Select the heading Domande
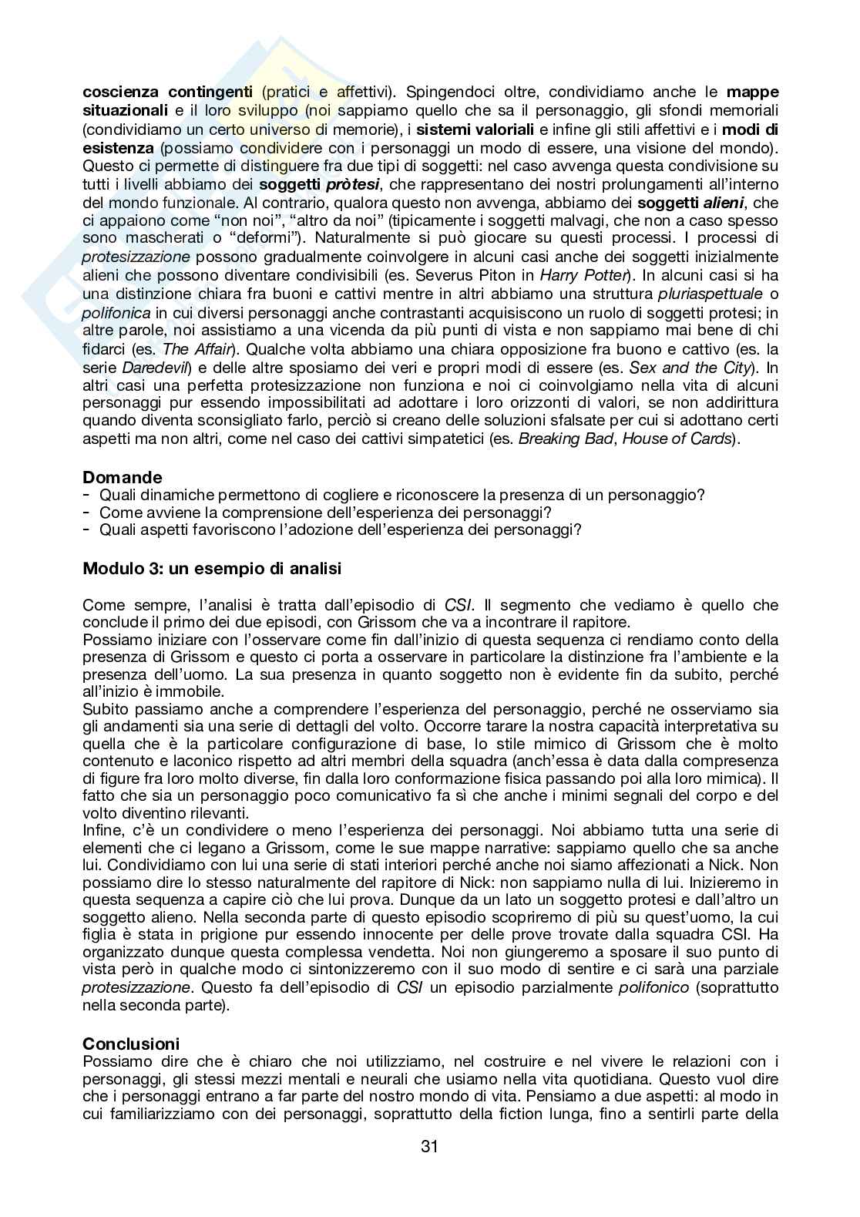point(123,477)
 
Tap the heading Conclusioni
point(131,1044)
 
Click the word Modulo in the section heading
point(108,569)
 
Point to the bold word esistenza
point(118,148)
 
